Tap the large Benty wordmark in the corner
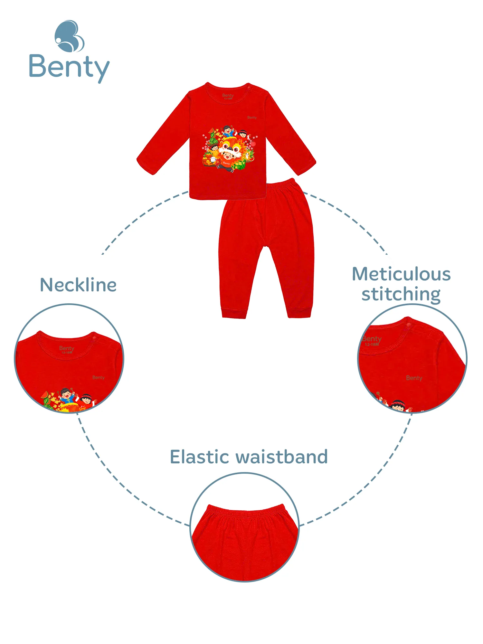point(69,67)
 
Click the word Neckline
point(78,285)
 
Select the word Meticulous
point(401,274)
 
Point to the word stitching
point(401,294)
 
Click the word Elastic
point(199,457)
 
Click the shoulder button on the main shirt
point(249,87)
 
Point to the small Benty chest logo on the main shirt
point(252,118)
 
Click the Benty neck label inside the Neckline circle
point(67,348)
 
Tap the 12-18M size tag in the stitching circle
point(372,345)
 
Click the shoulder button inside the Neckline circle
point(94,338)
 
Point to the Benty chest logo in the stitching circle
point(414,378)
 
